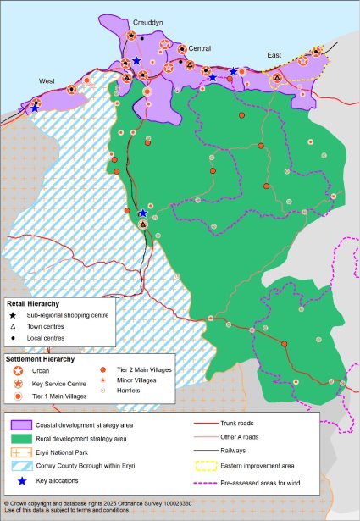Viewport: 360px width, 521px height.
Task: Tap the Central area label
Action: pos(200,48)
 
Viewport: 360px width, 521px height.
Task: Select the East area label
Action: pos(274,55)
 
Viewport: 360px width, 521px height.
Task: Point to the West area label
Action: pos(47,80)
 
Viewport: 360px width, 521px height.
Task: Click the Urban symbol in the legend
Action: pos(18,371)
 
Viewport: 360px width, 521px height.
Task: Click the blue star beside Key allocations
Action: pos(19,481)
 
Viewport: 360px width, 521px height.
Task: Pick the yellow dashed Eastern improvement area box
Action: pos(207,465)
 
